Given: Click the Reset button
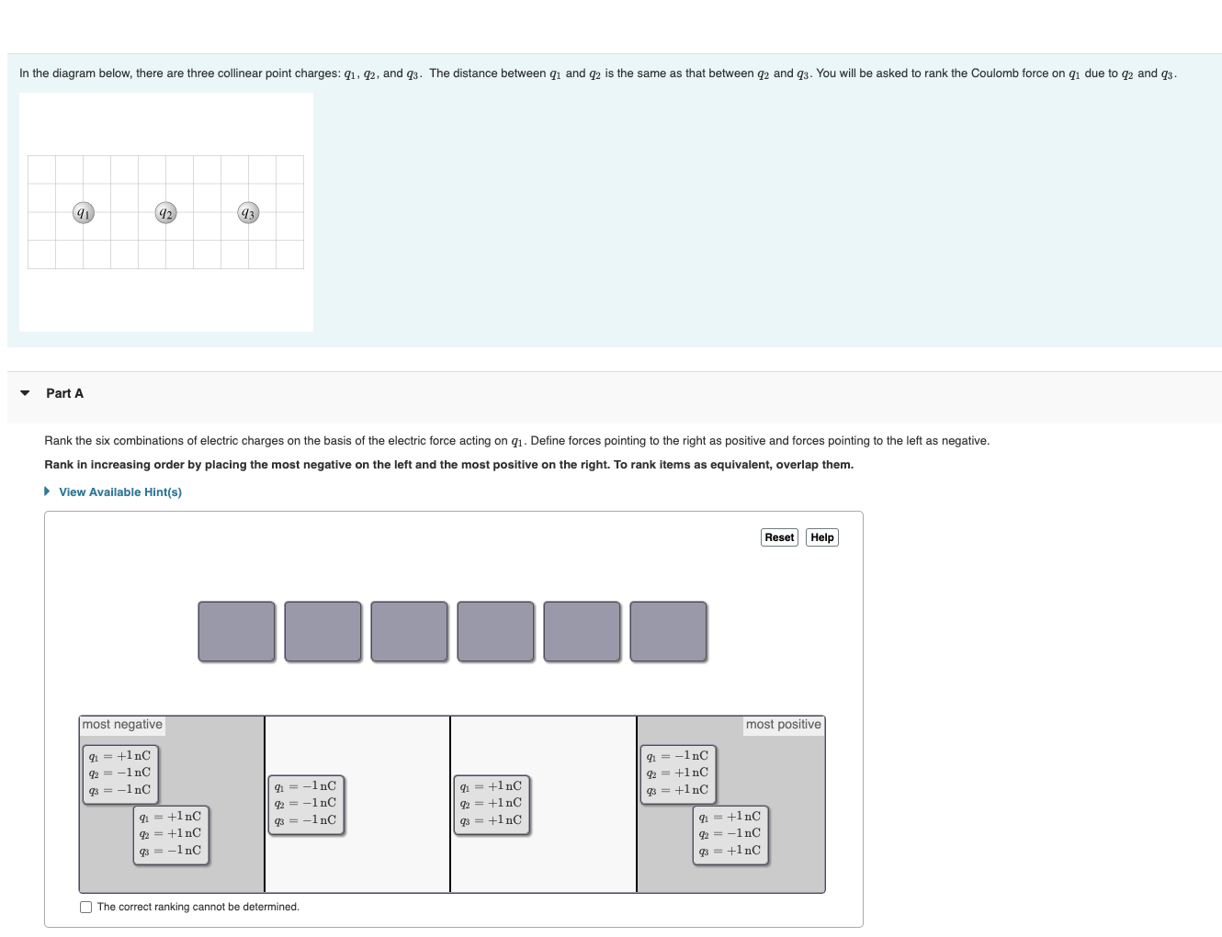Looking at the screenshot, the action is [x=779, y=536].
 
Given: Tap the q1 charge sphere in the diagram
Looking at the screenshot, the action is [x=84, y=212].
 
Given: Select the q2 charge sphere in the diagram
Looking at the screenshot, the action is [x=166, y=212].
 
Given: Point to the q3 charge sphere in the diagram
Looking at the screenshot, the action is [x=248, y=212].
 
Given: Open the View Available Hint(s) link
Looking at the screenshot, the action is [x=119, y=491].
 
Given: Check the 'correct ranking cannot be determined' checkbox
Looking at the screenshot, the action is [x=85, y=907].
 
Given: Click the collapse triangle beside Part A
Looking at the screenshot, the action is [x=25, y=393].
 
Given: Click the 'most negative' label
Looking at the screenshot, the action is [x=122, y=724].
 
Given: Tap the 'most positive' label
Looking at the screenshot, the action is [x=784, y=724].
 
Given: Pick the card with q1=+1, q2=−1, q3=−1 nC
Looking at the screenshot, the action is [x=120, y=774].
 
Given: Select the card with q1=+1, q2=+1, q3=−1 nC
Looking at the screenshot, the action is [x=171, y=835].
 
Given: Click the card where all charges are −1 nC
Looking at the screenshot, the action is [x=306, y=805].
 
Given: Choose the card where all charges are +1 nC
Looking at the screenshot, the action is [x=492, y=805].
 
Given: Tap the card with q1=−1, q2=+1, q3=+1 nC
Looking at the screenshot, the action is [x=678, y=774].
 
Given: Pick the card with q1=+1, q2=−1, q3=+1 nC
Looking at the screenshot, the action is [x=730, y=835].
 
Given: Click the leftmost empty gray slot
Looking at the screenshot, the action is [x=236, y=631].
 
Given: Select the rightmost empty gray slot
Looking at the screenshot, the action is [x=668, y=631].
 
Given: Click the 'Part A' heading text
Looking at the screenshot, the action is [x=64, y=393].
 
